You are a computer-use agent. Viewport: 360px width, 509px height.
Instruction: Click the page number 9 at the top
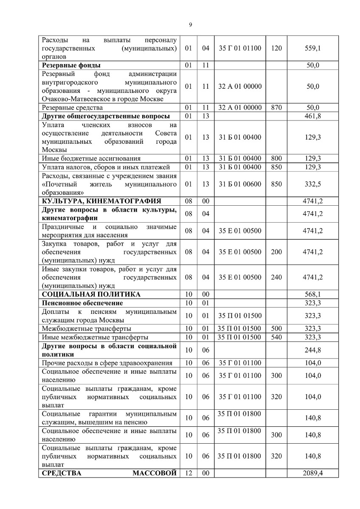pyautogui.click(x=190, y=25)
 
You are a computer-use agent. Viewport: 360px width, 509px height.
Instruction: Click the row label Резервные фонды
pyautogui.click(x=71, y=65)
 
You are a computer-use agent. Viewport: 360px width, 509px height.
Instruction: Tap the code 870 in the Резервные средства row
pyautogui.click(x=276, y=108)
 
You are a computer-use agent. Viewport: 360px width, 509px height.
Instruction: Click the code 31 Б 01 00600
pyautogui.click(x=240, y=184)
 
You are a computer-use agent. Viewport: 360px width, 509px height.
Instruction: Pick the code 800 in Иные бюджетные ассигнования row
pyautogui.click(x=276, y=159)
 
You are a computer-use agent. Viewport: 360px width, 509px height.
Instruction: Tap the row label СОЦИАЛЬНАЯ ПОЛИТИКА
pyautogui.click(x=91, y=294)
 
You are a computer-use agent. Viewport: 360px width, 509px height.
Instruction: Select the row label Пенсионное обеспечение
pyautogui.click(x=82, y=303)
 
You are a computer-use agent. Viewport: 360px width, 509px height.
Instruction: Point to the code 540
pyautogui.click(x=276, y=337)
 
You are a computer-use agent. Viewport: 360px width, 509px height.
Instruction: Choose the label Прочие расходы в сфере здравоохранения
pyautogui.click(x=107, y=363)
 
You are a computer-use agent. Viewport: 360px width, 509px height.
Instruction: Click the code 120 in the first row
pyautogui.click(x=276, y=48)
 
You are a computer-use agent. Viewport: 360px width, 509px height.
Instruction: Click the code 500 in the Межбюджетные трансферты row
pyautogui.click(x=276, y=329)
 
